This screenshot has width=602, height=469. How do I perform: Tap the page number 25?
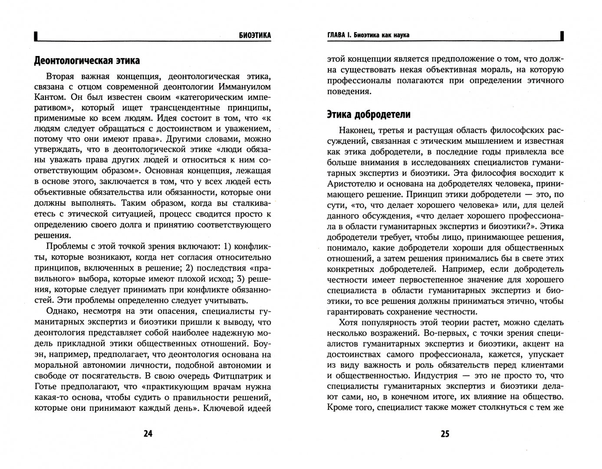coord(445,434)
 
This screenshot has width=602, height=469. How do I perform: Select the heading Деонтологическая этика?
coord(87,60)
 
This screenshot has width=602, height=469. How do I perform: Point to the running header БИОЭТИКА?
coord(254,35)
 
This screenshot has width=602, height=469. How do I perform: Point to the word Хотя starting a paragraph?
coord(348,322)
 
